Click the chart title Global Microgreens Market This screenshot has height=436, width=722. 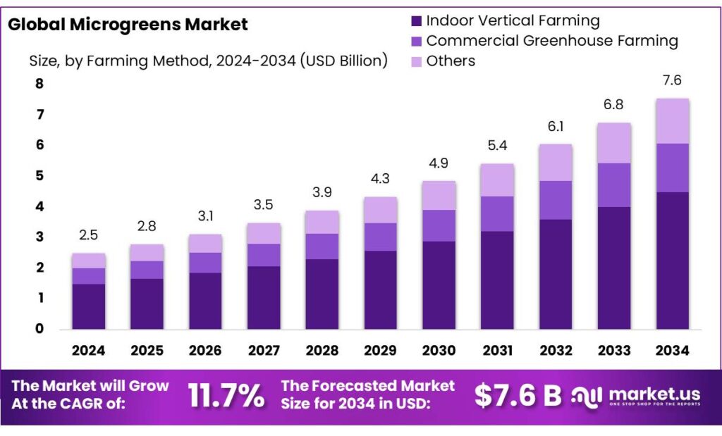pyautogui.click(x=128, y=25)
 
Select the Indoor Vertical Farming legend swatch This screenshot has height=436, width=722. pyautogui.click(x=415, y=21)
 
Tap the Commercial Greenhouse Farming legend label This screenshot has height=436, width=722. pyautogui.click(x=551, y=41)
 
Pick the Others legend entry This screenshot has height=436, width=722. pyautogui.click(x=451, y=61)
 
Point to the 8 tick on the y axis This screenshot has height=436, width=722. pyautogui.click(x=39, y=84)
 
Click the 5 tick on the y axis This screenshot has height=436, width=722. pyautogui.click(x=39, y=176)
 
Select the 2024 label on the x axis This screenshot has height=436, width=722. pyautogui.click(x=88, y=350)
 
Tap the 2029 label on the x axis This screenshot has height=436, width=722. pyautogui.click(x=380, y=350)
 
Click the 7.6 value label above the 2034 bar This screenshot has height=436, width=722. pyautogui.click(x=671, y=80)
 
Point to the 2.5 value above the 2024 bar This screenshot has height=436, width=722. pyautogui.click(x=88, y=235)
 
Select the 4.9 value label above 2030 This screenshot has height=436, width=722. pyautogui.click(x=438, y=163)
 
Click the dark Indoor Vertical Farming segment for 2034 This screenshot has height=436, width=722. pyautogui.click(x=671, y=261)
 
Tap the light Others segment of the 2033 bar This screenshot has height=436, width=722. pyautogui.click(x=613, y=143)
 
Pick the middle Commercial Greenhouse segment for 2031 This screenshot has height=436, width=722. pyautogui.click(x=496, y=213)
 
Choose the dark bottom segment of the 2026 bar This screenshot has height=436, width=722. pyautogui.click(x=205, y=301)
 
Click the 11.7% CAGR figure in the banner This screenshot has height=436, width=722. pyautogui.click(x=226, y=396)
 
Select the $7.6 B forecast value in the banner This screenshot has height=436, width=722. pyautogui.click(x=518, y=396)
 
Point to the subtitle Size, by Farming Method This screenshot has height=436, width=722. pyautogui.click(x=208, y=61)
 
